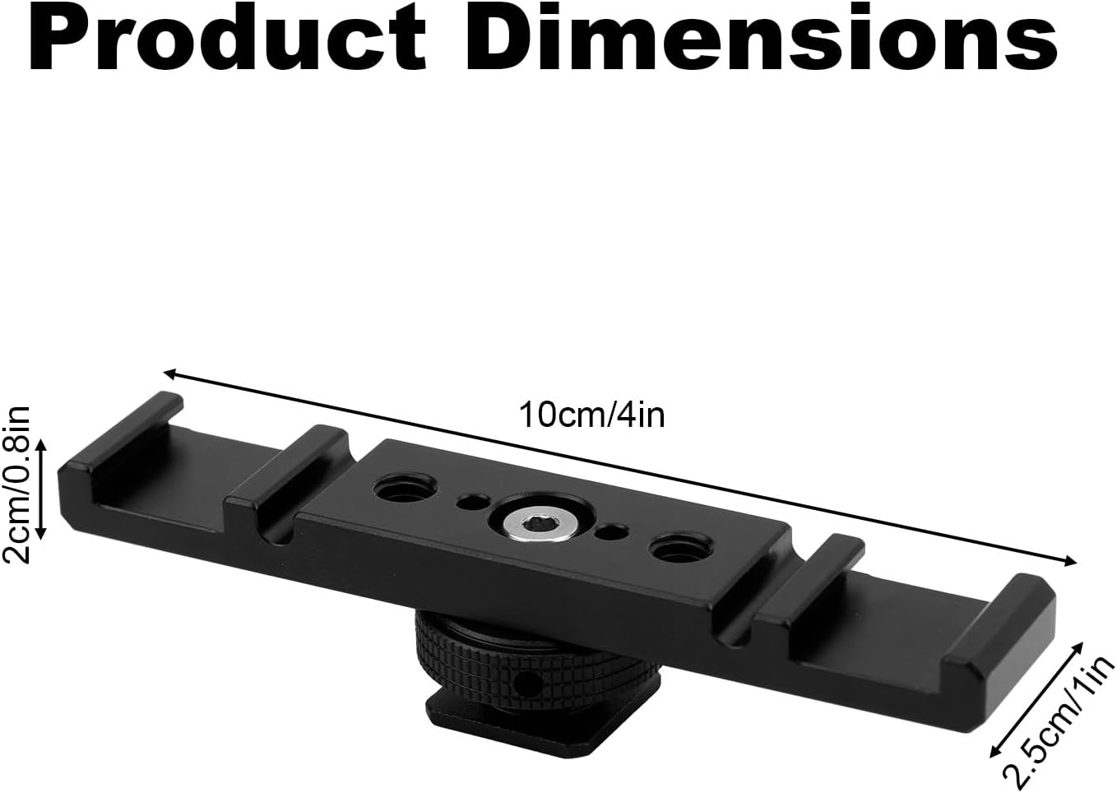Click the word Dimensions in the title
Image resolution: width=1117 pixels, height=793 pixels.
[x=762, y=39]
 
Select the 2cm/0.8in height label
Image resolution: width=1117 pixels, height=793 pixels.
[x=16, y=485]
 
